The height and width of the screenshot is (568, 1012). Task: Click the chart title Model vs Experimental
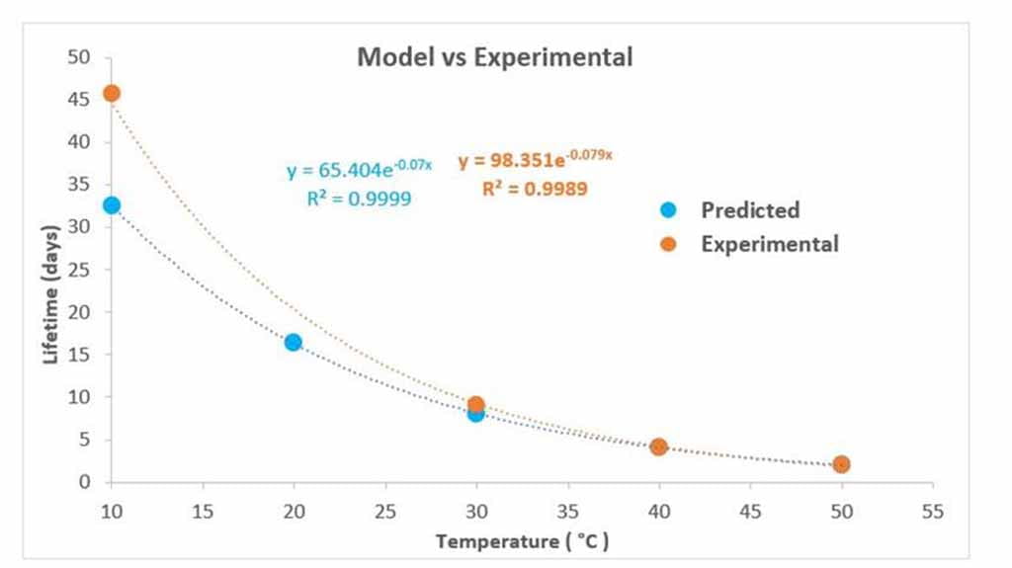pos(494,57)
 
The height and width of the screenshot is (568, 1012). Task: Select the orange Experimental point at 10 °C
pos(112,93)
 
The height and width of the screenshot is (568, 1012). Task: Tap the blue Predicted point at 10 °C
pos(112,204)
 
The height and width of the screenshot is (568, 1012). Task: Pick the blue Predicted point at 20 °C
pos(294,342)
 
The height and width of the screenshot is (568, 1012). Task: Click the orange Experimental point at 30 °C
pos(475,404)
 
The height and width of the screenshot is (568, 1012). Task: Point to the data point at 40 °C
pos(658,446)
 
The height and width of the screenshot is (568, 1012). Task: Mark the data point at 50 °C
pos(841,463)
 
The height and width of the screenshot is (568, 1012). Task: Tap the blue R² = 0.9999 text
pos(359,199)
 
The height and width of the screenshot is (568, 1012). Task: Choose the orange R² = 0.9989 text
pos(535,188)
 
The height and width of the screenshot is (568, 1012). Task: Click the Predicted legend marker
pos(668,209)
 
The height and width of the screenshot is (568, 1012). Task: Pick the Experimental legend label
pos(770,244)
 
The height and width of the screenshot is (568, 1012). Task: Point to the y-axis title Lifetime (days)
pos(51,293)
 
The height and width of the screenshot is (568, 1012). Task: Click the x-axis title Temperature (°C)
pos(522,541)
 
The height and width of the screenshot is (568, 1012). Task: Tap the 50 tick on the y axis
pos(80,57)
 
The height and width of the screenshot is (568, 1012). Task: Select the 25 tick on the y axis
pos(80,270)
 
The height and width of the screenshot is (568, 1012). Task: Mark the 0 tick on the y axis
pos(85,482)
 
